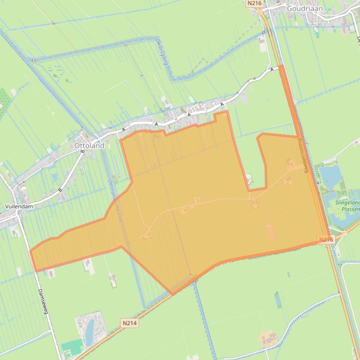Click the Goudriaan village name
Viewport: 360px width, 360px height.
point(304,8)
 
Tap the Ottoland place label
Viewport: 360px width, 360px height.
point(89,145)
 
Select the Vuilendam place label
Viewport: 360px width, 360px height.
point(19,206)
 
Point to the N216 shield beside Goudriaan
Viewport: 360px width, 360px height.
point(254,3)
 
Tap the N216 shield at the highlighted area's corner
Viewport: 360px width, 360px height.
point(326,239)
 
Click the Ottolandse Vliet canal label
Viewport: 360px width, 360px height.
point(113,201)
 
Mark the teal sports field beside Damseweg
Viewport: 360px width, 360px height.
point(71,348)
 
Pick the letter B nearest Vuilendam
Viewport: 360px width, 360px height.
point(60,190)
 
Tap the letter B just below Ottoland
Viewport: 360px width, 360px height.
point(82,151)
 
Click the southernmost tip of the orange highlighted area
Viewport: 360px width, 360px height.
point(172,294)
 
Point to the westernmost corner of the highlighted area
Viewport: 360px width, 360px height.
point(30,251)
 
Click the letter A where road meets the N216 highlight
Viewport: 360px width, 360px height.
point(272,69)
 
